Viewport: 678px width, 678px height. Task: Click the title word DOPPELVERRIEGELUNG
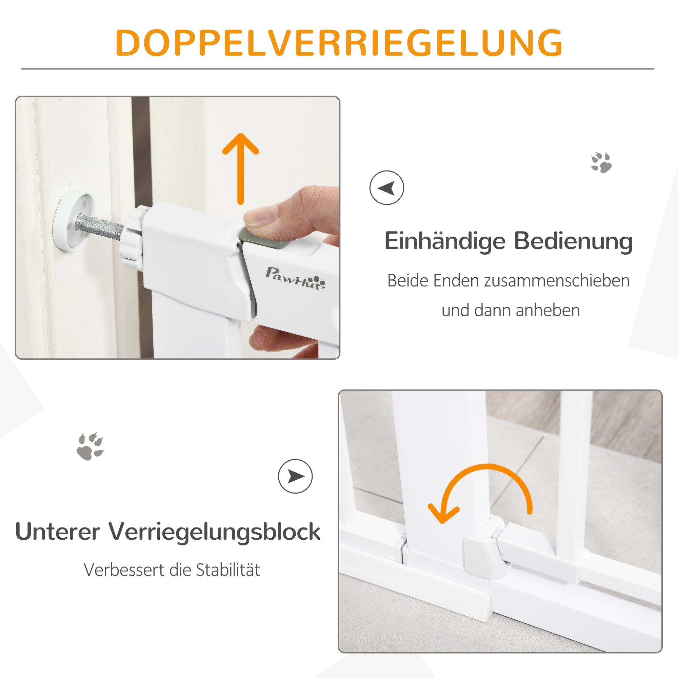[339, 43]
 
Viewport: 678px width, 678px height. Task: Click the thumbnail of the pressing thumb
[260, 216]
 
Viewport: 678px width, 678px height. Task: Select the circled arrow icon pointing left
[387, 188]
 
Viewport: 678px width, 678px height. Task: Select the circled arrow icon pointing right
[295, 476]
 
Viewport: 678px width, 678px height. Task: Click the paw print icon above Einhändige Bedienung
[601, 162]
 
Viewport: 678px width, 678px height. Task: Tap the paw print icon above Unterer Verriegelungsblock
[90, 446]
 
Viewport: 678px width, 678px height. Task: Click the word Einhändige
[444, 242]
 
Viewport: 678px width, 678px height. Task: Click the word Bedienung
[573, 242]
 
